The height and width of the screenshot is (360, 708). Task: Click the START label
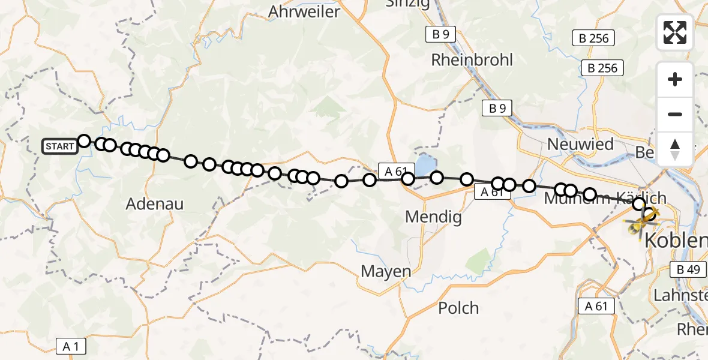pyautogui.click(x=59, y=146)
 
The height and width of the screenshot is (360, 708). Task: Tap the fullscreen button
pyautogui.click(x=675, y=32)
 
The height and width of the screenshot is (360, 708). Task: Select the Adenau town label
pyautogui.click(x=155, y=204)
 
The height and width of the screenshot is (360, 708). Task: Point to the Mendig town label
pyautogui.click(x=434, y=217)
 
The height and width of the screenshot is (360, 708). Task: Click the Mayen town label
pyautogui.click(x=386, y=271)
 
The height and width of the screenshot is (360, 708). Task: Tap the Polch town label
pyautogui.click(x=458, y=308)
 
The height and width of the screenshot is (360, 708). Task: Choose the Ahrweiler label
pyautogui.click(x=304, y=11)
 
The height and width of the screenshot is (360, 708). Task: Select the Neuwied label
pyautogui.click(x=580, y=145)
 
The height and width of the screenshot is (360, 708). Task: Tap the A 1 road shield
pyautogui.click(x=71, y=346)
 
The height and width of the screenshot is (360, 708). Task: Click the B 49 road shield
pyautogui.click(x=688, y=270)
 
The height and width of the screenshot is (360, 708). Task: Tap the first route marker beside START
pyautogui.click(x=84, y=141)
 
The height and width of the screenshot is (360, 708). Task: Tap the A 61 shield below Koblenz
pyautogui.click(x=596, y=306)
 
